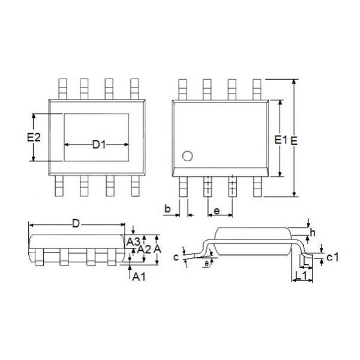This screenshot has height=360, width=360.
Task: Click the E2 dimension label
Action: click(34, 137)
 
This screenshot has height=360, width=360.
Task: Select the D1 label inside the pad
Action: click(99, 145)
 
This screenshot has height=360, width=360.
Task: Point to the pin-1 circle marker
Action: click(187, 156)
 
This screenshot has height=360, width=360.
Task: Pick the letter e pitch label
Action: click(217, 211)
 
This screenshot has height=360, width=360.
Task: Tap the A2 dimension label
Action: click(143, 248)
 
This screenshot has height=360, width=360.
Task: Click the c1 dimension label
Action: click(333, 257)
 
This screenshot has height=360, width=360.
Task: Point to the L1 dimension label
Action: click(304, 275)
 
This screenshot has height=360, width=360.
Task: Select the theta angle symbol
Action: click(206, 263)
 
